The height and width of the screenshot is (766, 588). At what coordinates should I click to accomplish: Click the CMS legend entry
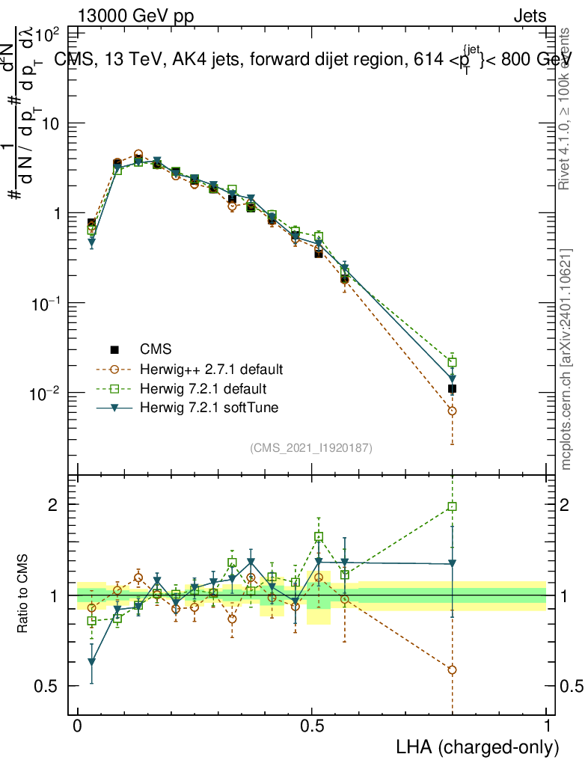point(155,349)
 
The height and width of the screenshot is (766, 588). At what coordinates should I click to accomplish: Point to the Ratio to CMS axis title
point(25,595)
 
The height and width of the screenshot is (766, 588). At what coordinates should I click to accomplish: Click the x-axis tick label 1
point(546,726)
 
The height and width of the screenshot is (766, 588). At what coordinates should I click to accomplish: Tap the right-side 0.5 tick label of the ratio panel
point(572,686)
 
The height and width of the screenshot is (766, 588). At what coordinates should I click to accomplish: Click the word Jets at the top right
point(530,16)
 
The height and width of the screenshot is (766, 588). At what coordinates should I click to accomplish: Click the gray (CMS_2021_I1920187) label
point(311,447)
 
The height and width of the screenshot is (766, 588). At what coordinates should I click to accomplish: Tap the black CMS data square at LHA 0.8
point(452,389)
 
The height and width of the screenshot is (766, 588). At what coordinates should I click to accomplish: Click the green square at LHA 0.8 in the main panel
point(452,362)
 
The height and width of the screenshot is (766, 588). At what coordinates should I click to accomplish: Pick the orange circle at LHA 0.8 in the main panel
point(452,411)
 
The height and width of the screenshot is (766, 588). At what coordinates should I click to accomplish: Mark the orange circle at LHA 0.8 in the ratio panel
point(452,670)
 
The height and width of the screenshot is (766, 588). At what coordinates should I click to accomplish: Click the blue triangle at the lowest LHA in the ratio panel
point(92,661)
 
